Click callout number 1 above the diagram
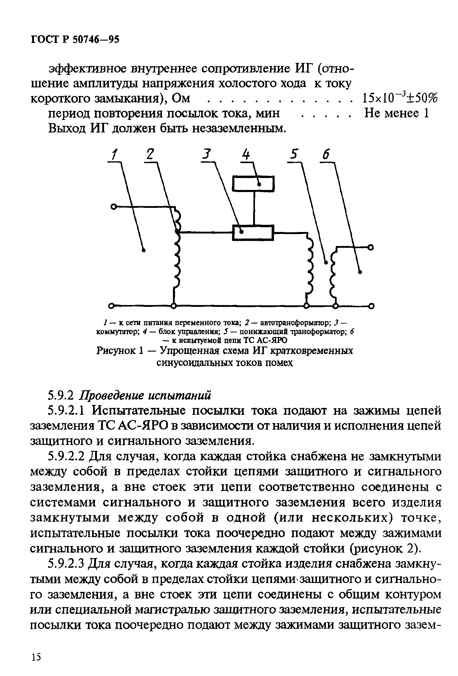click(114, 155)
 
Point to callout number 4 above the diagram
click(246, 155)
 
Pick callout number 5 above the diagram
click(294, 155)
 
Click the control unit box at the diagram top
click(254, 183)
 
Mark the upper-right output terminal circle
click(371, 247)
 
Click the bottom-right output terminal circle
click(372, 306)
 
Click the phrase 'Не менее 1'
click(397, 113)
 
